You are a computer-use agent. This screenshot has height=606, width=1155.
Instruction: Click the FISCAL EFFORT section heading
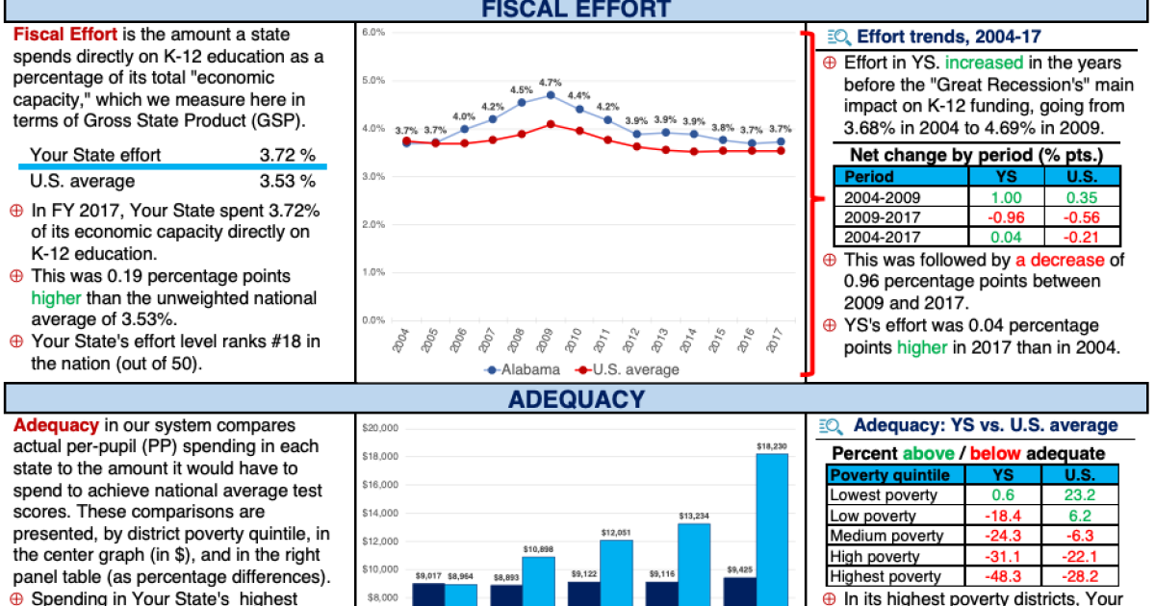point(576,10)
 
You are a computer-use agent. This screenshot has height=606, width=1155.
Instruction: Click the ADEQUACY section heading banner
point(576,398)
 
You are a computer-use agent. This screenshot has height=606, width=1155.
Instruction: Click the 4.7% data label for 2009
point(550,82)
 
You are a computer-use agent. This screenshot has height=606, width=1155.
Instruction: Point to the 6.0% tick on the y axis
point(373,33)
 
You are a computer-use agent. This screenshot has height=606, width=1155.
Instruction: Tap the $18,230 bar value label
point(772,445)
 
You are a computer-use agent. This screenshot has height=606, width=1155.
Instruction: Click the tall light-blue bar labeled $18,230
point(772,529)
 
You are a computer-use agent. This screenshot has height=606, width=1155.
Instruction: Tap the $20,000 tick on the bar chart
point(381,428)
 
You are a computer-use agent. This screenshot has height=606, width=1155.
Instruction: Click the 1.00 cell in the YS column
point(1006,197)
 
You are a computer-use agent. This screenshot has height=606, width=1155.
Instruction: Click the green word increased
point(983,63)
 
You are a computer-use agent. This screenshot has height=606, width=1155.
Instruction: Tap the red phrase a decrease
point(1059,260)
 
